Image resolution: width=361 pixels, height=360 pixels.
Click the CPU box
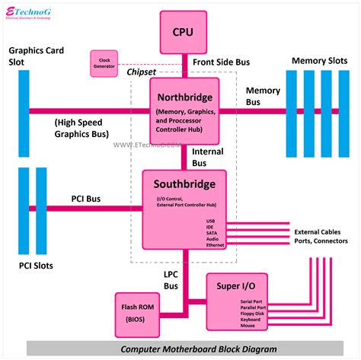click(183, 31)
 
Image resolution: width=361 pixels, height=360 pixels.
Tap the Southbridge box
click(185, 210)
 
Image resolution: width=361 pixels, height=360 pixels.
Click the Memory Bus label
click(263, 96)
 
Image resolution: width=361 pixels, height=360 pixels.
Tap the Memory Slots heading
click(320, 60)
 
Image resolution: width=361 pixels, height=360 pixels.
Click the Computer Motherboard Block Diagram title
click(184, 349)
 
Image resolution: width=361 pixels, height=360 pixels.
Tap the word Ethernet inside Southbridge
click(217, 246)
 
